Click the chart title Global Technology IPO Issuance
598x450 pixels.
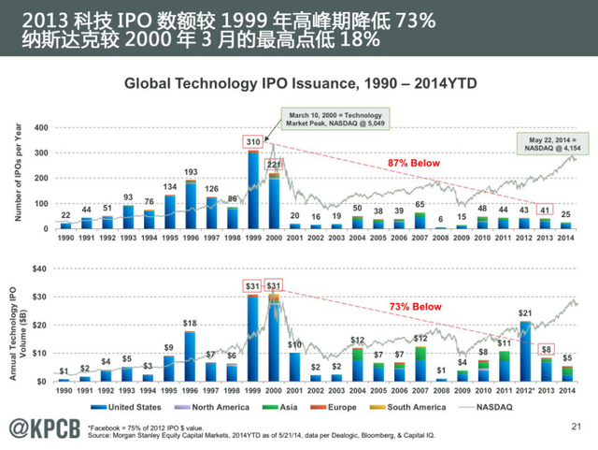(x=301, y=83)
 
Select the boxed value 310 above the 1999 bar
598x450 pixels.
(x=252, y=142)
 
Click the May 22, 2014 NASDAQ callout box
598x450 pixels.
(x=548, y=142)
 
